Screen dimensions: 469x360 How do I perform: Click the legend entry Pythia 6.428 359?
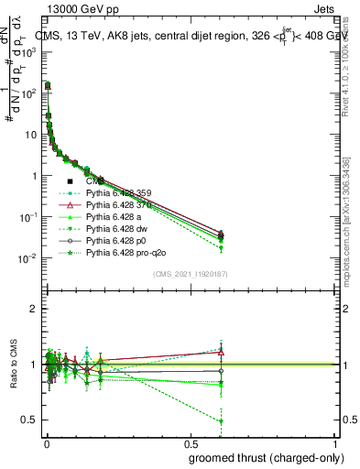[117, 193]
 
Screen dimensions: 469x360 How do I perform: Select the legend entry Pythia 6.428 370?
[117, 205]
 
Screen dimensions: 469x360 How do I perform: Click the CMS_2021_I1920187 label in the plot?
[189, 274]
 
